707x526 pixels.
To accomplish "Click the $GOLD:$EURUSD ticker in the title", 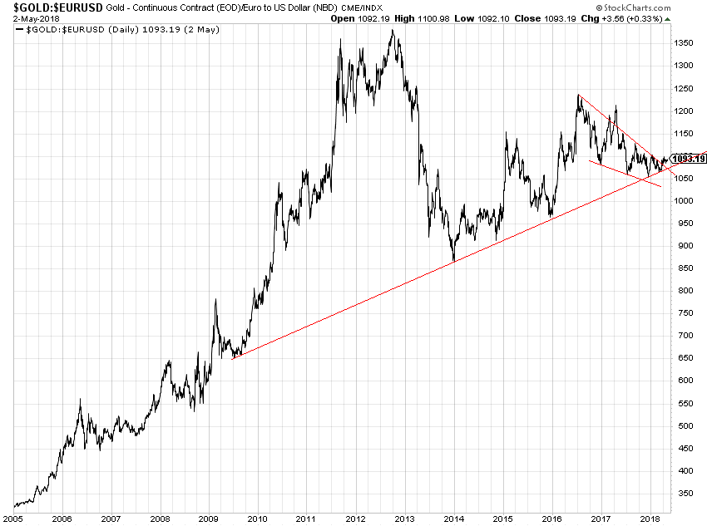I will click(x=52, y=7).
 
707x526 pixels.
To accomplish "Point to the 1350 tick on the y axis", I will click(x=684, y=42).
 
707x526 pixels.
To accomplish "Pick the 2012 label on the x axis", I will click(x=355, y=518).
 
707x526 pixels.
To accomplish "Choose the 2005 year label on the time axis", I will click(x=15, y=518).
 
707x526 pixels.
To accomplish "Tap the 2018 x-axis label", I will click(x=649, y=518).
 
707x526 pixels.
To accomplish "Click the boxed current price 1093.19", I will click(x=689, y=159).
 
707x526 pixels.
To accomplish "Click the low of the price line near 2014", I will click(x=453, y=261).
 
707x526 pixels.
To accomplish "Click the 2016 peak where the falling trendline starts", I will click(x=578, y=95).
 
